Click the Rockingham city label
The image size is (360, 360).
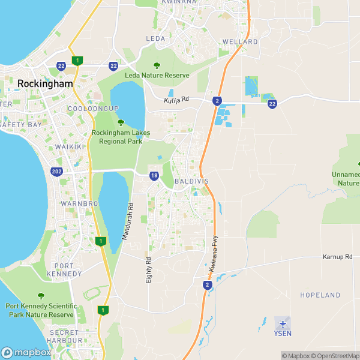tap(45, 83)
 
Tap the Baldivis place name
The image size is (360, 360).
tap(191, 181)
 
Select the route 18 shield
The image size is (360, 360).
tap(154, 175)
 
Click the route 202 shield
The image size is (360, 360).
tap(57, 172)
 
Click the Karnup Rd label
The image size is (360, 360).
tap(338, 256)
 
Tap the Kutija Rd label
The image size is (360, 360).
tap(176, 100)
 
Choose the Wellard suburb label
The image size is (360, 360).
tap(239, 42)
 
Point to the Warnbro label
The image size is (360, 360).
tap(76, 203)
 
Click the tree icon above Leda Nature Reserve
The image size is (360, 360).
tap(157, 65)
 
